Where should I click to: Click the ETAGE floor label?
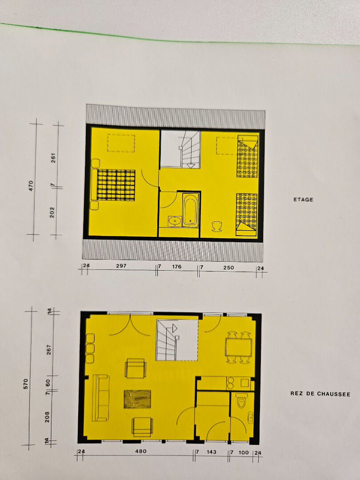[x=303, y=200]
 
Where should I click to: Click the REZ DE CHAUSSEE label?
[x=320, y=394]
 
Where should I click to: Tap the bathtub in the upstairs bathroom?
[x=190, y=210]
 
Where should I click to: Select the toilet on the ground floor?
[x=241, y=400]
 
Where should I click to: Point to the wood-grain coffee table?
[x=137, y=399]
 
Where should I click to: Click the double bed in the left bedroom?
[x=114, y=185]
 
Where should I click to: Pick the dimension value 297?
[x=121, y=266]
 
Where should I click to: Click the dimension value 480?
[x=141, y=451]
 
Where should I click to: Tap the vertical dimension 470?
[x=31, y=186]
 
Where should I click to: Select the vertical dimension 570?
[x=26, y=384]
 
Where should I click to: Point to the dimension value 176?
[x=176, y=267]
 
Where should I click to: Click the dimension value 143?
[x=211, y=452]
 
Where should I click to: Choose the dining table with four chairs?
[x=239, y=347]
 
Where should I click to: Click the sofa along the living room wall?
[x=101, y=398]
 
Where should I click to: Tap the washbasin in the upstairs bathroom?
[x=175, y=221]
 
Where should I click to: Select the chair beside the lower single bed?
[x=217, y=227]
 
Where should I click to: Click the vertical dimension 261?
[x=54, y=158]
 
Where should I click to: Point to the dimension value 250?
[x=228, y=268]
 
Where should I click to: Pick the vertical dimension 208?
[x=47, y=417]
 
